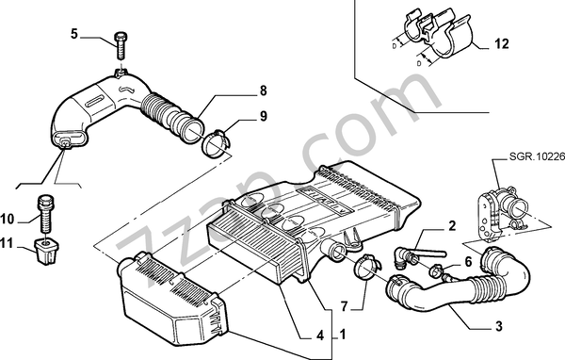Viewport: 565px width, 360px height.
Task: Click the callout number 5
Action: pos(74,34)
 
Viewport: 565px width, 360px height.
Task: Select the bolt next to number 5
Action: pos(121,46)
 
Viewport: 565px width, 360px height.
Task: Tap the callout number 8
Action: pos(264,90)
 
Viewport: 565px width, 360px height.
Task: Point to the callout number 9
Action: pos(264,116)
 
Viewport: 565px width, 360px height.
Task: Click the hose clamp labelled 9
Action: pos(216,144)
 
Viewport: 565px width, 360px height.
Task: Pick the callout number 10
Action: pos(8,219)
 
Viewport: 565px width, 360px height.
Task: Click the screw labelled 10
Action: pos(45,214)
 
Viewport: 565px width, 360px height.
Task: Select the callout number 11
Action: pos(7,243)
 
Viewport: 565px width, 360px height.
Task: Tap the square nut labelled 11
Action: pos(46,251)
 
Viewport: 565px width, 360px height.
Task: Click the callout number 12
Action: pos(501,43)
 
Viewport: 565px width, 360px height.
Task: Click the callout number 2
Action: pos(452,225)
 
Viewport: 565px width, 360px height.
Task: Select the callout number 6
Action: pos(468,262)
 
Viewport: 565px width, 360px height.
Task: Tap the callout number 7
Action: pos(344,306)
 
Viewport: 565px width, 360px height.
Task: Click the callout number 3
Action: pos(499,326)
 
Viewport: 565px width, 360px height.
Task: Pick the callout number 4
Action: pos(320,335)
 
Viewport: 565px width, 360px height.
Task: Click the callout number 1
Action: pos(343,335)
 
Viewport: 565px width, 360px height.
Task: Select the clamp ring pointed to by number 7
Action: pos(367,268)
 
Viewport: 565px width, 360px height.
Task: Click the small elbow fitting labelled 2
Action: pos(405,257)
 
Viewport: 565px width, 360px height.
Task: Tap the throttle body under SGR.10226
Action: pos(501,213)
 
